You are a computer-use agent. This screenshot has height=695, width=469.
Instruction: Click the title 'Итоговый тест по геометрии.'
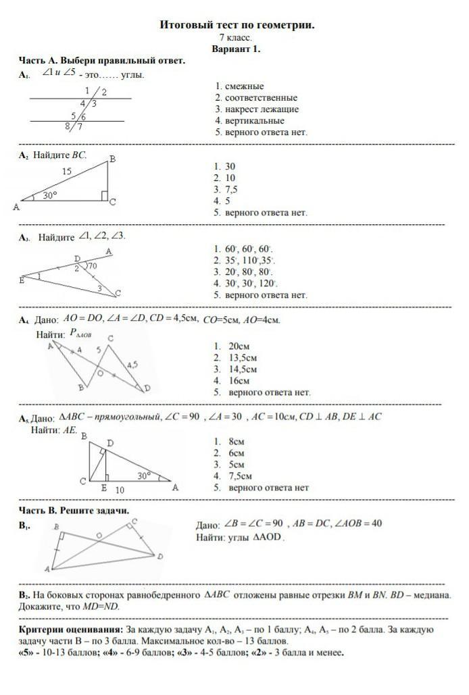(x=237, y=25)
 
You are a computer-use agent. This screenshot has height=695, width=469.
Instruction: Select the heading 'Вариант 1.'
(x=236, y=49)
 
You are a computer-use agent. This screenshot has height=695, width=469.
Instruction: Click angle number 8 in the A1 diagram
(x=68, y=126)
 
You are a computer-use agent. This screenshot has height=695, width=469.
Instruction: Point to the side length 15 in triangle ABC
(x=66, y=172)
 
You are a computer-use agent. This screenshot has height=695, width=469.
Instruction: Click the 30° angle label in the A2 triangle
(x=50, y=195)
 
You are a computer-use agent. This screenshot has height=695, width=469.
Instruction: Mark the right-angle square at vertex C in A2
(x=105, y=196)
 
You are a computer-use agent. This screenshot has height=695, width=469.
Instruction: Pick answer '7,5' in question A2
(x=231, y=189)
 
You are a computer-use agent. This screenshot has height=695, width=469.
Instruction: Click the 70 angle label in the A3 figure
(x=93, y=266)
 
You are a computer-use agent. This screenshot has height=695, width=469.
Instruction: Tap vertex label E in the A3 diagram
(x=22, y=280)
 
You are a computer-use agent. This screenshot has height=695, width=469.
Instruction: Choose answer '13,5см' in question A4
(x=243, y=357)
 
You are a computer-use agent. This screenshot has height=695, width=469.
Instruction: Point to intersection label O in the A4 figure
(x=100, y=372)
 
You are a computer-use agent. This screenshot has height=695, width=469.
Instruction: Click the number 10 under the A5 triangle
(x=119, y=489)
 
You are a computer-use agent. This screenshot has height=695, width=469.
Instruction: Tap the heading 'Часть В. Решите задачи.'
(x=74, y=511)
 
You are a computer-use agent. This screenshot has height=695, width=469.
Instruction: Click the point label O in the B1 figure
(x=99, y=535)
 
